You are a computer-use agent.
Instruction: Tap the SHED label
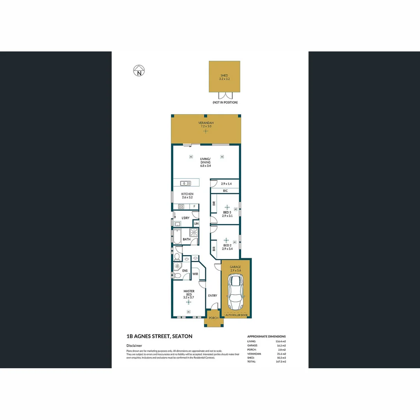(x=224, y=75)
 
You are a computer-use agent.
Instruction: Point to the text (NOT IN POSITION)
(x=225, y=102)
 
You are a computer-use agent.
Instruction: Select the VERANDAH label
(x=206, y=123)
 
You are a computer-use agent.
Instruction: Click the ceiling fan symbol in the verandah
(x=206, y=131)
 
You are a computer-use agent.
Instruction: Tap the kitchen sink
(x=185, y=183)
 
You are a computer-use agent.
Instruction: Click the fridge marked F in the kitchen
(x=194, y=206)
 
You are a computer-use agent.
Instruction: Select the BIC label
(x=225, y=191)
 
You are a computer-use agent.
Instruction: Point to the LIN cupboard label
(x=196, y=224)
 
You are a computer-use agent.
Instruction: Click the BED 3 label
(x=227, y=212)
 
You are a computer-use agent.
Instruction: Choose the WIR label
(x=196, y=274)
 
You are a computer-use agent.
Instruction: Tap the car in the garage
(x=236, y=292)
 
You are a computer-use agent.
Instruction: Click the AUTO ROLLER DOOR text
(x=236, y=315)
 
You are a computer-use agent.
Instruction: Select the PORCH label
(x=213, y=318)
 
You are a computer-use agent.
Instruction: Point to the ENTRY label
(x=212, y=296)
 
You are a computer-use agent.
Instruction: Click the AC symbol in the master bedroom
(x=188, y=312)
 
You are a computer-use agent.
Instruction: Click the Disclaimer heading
(x=134, y=345)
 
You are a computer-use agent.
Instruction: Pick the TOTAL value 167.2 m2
(x=281, y=362)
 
